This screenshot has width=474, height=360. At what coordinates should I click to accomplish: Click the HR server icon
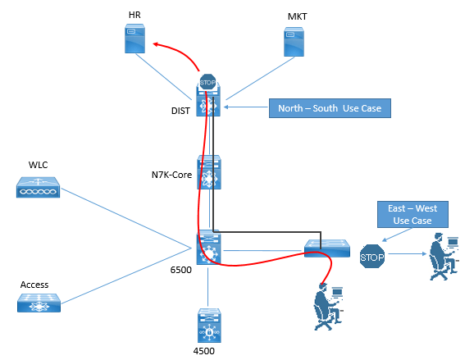click(134, 39)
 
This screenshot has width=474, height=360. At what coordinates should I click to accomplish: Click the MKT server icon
click(294, 42)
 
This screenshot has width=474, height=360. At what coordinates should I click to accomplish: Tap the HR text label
click(134, 15)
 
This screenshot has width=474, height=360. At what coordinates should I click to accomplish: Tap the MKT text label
click(297, 16)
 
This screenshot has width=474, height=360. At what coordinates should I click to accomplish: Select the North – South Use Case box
click(330, 108)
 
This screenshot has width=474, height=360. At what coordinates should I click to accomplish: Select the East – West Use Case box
click(412, 214)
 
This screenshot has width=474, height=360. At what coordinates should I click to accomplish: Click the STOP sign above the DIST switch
click(207, 82)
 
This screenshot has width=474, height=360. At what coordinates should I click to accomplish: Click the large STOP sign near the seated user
click(372, 257)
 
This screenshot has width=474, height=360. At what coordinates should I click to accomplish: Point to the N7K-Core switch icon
click(209, 172)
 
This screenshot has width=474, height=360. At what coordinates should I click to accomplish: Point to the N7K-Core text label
click(171, 175)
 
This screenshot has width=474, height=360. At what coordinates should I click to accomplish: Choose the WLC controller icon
click(38, 188)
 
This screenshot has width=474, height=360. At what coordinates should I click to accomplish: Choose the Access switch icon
click(39, 303)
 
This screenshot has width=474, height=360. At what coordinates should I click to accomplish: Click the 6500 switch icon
click(209, 248)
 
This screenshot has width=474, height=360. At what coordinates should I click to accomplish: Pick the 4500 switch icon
click(209, 326)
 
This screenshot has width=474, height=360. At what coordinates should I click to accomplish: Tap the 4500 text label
click(203, 351)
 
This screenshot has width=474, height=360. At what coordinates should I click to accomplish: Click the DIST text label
click(180, 111)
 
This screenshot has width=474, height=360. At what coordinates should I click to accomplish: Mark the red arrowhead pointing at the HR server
click(156, 45)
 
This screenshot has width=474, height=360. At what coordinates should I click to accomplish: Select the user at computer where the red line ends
click(329, 307)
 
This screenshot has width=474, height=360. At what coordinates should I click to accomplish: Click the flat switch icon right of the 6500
click(327, 248)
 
